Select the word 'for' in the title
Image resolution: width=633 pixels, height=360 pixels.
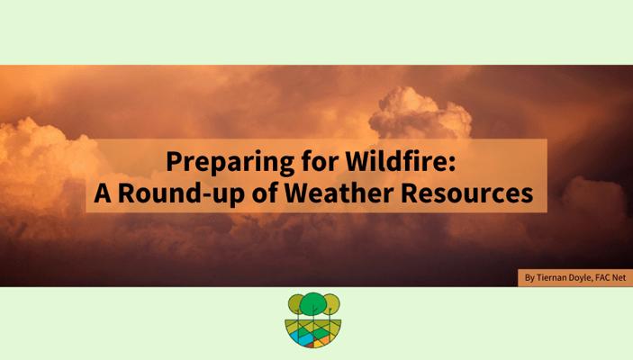(320, 161)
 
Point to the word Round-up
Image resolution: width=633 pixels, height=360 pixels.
(181, 193)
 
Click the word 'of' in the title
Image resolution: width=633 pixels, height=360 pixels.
(265, 193)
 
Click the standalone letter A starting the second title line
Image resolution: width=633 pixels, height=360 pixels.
(103, 193)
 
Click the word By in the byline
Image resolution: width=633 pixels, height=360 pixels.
(529, 278)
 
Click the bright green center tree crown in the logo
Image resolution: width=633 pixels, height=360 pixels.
(312, 303)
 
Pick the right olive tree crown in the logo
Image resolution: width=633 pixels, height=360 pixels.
(332, 304)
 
